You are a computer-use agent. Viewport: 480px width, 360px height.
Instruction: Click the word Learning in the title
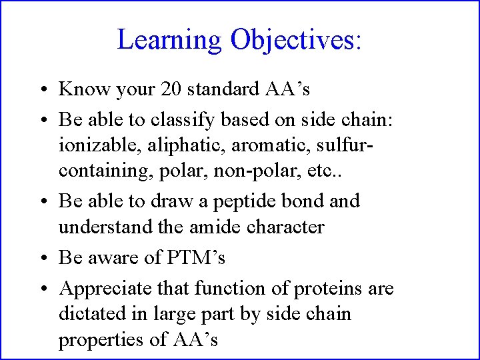(x=169, y=40)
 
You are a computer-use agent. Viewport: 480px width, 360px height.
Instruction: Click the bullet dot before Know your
(x=42, y=89)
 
